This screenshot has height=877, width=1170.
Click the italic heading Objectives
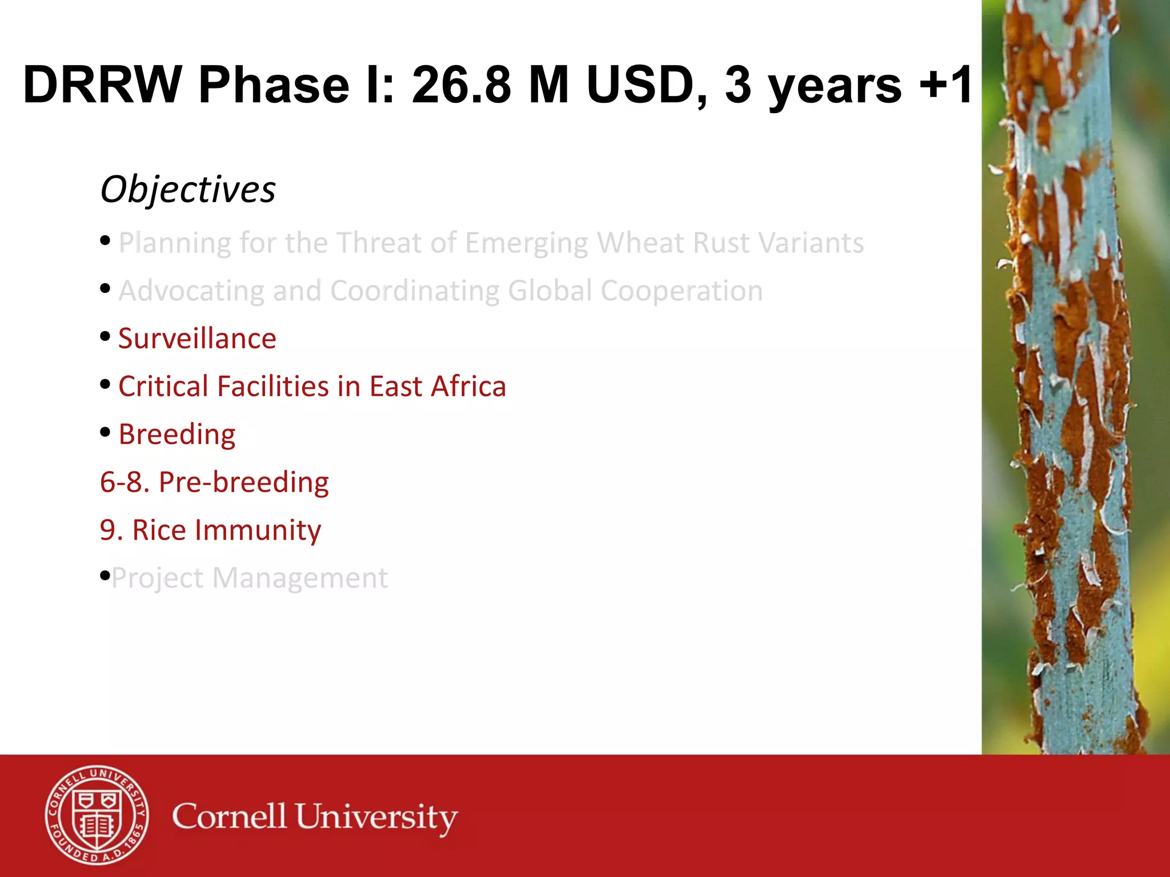(x=188, y=190)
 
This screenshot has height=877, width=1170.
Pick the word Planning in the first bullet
(x=174, y=243)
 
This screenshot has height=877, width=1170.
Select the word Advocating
(x=191, y=291)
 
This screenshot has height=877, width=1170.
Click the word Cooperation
(x=681, y=291)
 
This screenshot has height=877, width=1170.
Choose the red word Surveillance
(x=197, y=339)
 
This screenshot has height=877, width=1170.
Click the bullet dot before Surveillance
(x=105, y=336)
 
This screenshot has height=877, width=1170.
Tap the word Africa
(x=468, y=387)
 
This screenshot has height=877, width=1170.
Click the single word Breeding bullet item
(x=177, y=435)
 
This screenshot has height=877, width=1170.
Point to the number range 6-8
(x=124, y=482)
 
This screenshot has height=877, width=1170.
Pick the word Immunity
(x=258, y=530)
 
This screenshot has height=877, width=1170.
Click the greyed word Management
(x=299, y=578)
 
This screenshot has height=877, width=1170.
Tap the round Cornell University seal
(x=97, y=815)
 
